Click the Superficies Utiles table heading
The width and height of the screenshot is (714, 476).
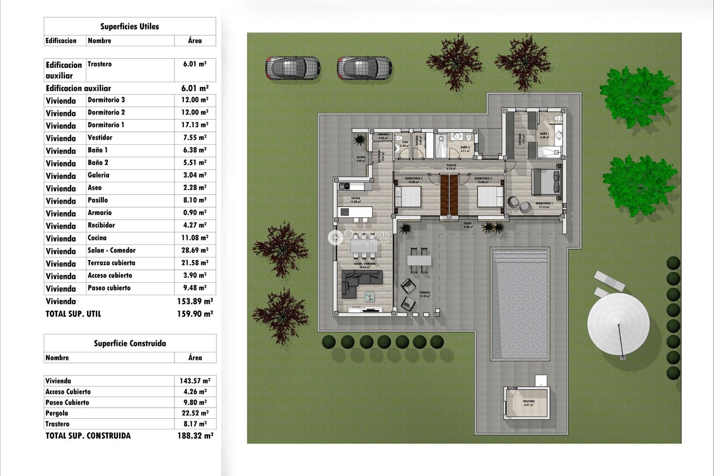click(129, 26)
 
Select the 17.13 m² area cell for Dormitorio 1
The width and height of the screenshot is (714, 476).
click(195, 125)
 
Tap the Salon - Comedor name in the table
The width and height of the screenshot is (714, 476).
click(112, 250)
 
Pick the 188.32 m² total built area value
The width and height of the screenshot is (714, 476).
click(195, 436)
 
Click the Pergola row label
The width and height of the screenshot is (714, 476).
click(57, 413)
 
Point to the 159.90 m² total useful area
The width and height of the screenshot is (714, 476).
click(195, 314)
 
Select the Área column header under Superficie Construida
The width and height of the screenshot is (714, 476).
click(195, 358)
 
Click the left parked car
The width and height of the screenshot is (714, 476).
click(293, 68)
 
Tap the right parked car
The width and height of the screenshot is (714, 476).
click(364, 68)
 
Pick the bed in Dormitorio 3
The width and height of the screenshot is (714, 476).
click(408, 196)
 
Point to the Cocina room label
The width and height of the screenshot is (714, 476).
click(356, 199)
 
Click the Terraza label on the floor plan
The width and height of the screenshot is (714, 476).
click(424, 293)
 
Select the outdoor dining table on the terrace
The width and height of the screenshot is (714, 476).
click(419, 260)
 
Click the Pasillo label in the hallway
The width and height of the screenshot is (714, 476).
click(451, 165)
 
